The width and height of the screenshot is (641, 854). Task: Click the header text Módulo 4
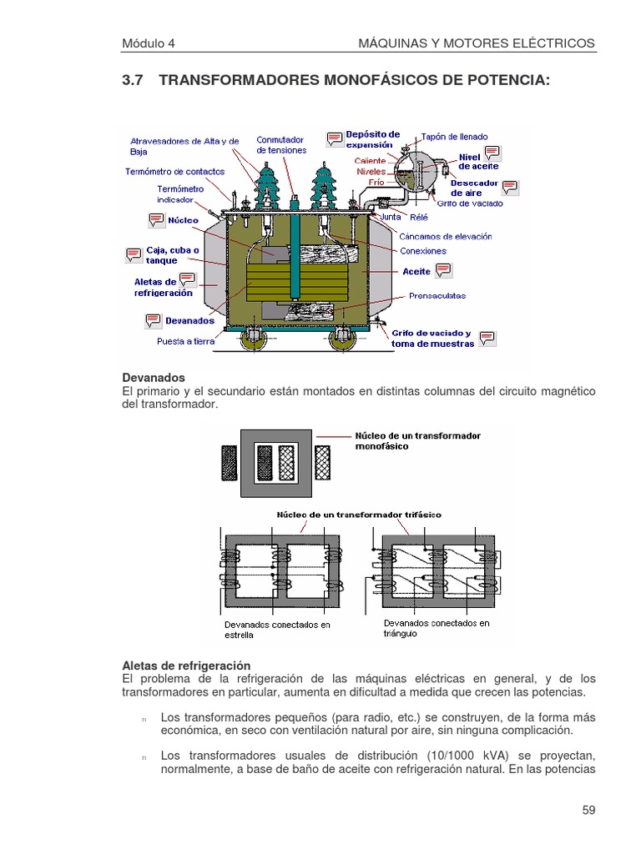[149, 43]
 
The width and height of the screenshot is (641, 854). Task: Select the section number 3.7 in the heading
[134, 80]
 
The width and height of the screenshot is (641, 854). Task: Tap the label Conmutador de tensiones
[281, 145]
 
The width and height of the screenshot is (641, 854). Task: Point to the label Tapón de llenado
[455, 137]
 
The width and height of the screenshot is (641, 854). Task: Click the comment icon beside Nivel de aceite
[492, 152]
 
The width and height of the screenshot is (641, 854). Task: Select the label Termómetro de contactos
[174, 171]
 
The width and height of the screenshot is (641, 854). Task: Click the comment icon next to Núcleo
[156, 220]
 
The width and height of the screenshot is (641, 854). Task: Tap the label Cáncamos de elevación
[446, 236]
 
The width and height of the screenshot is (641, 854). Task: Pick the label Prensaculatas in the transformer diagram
[437, 295]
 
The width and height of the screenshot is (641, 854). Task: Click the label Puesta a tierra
[186, 341]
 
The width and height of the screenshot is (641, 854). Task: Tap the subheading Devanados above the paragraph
[154, 378]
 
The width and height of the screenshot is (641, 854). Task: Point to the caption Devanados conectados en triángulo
[437, 628]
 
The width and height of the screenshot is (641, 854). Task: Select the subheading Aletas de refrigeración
[186, 666]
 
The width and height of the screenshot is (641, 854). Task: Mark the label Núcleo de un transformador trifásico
[359, 515]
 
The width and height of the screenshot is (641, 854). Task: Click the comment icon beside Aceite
[443, 269]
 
